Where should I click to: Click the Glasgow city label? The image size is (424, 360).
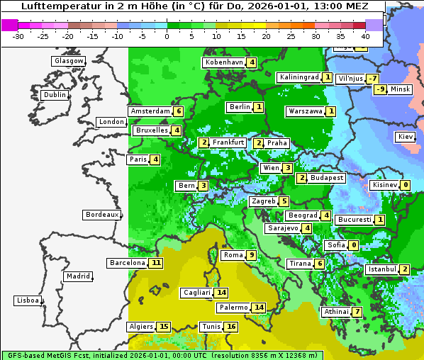69,61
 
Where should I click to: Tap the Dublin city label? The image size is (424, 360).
55,95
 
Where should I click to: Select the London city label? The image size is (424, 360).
111,122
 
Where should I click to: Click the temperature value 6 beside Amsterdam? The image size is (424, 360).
179,111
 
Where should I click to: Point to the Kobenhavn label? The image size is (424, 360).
224,62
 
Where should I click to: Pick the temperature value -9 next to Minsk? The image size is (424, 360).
381,89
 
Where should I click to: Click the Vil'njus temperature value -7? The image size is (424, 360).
373,79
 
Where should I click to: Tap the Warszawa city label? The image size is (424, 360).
306,111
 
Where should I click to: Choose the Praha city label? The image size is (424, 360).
277,143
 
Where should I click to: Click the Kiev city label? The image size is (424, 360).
406,137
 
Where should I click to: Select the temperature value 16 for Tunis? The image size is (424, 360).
231,327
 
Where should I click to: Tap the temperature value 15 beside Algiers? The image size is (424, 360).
164,327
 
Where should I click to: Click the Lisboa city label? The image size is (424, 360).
27,300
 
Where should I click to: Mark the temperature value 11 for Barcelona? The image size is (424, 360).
157,263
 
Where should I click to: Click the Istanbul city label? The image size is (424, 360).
381,269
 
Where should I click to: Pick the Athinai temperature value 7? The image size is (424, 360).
357,312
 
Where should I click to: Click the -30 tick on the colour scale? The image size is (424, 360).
18,36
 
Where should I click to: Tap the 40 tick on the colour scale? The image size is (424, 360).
365,36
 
